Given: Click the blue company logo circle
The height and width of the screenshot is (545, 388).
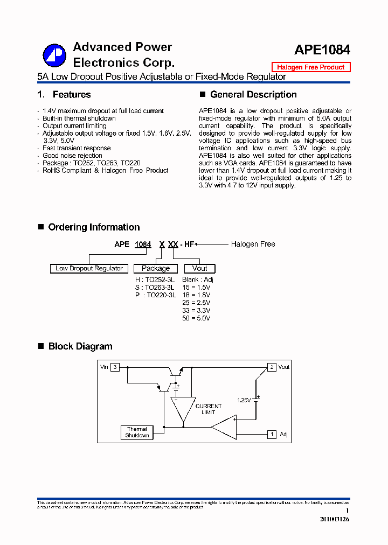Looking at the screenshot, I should pyautogui.click(x=54, y=54).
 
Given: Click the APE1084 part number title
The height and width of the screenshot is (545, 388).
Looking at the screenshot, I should pyautogui.click(x=322, y=50).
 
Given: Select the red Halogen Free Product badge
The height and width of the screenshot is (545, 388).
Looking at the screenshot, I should pyautogui.click(x=310, y=67).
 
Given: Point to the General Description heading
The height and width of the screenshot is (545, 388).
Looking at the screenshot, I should pyautogui.click(x=253, y=95).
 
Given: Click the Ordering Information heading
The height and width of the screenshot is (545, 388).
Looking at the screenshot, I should pyautogui.click(x=94, y=227).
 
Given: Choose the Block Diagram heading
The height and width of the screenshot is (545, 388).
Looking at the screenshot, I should pyautogui.click(x=80, y=346).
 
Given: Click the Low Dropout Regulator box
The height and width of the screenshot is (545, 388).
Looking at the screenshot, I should pyautogui.click(x=89, y=268).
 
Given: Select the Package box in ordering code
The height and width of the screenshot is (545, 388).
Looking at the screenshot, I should pyautogui.click(x=156, y=268).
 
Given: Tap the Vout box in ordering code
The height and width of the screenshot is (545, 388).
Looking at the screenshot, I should pyautogui.click(x=199, y=268).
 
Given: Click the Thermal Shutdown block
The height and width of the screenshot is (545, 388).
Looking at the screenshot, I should pyautogui.click(x=137, y=432).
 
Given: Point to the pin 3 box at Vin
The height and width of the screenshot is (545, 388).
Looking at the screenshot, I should pyautogui.click(x=115, y=367).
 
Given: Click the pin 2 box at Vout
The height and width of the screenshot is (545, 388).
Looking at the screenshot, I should pyautogui.click(x=273, y=367).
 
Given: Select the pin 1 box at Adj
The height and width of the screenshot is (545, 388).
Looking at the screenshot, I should pyautogui.click(x=273, y=434).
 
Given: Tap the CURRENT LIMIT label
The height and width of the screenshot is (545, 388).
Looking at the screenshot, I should pyautogui.click(x=208, y=409).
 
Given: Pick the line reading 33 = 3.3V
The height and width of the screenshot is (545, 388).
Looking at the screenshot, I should pyautogui.click(x=196, y=311).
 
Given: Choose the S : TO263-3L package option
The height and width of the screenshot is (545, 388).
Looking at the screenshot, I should pyautogui.click(x=155, y=288).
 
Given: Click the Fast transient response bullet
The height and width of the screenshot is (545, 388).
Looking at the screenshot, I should pyautogui.click(x=77, y=148).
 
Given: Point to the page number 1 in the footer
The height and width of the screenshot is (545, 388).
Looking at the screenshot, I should pyautogui.click(x=348, y=511).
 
